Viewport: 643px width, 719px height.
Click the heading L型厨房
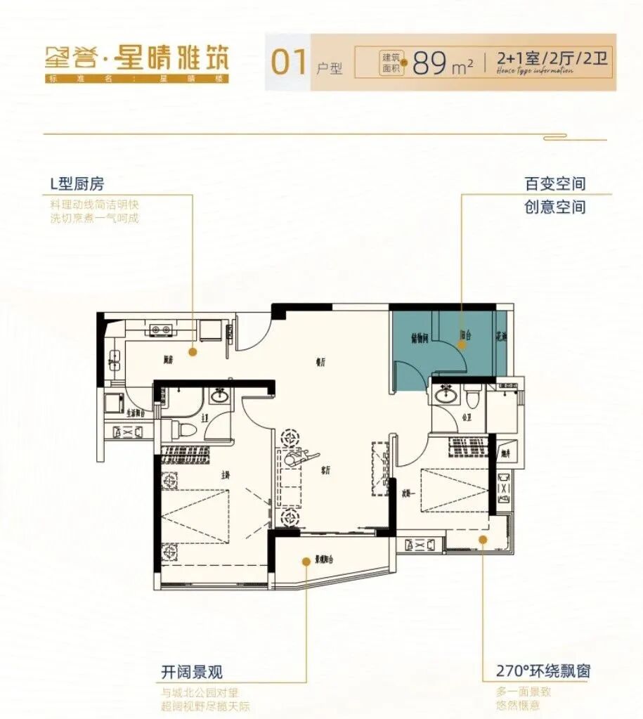[77, 184]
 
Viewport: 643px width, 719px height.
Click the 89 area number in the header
[431, 63]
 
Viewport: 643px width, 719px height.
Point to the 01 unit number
[289, 63]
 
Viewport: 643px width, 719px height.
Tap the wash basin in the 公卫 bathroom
[444, 396]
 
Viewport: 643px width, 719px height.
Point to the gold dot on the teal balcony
[462, 344]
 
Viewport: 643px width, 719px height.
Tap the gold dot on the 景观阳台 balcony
[306, 561]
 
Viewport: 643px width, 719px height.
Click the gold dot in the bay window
[483, 539]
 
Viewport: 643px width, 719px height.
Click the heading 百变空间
[554, 184]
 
